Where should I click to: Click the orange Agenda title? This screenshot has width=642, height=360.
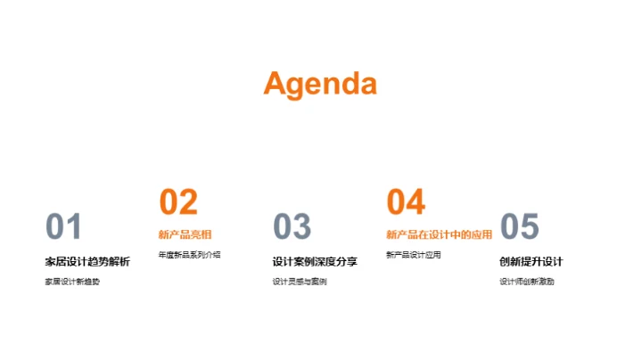point(320,84)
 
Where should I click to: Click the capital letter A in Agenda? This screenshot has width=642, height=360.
point(276,83)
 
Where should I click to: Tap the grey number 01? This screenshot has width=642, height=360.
point(63,227)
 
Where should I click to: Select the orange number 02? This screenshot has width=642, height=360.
point(178,202)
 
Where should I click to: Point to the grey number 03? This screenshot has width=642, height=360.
point(292,227)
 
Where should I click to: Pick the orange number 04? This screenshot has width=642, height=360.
point(406,202)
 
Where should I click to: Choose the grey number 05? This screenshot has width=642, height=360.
point(519,227)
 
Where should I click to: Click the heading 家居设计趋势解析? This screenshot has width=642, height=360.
point(86,261)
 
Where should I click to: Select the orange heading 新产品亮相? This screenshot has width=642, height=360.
point(185,235)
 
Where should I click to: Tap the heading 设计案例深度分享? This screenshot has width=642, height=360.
point(315,261)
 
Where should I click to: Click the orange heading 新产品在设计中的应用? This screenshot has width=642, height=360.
point(439,235)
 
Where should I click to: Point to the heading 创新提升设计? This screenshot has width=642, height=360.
point(531,261)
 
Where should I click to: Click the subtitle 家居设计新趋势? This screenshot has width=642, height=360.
point(72,282)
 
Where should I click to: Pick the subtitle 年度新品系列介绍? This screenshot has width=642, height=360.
point(189,255)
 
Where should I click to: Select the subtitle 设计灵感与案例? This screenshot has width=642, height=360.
point(300,282)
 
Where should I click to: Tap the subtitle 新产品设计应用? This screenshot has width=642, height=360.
point(413,255)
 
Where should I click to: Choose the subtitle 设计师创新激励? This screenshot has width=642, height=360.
point(527,282)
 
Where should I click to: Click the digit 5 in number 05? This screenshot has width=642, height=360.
point(530,227)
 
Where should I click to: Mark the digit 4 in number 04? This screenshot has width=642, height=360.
point(416,202)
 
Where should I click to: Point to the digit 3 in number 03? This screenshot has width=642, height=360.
point(302,227)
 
